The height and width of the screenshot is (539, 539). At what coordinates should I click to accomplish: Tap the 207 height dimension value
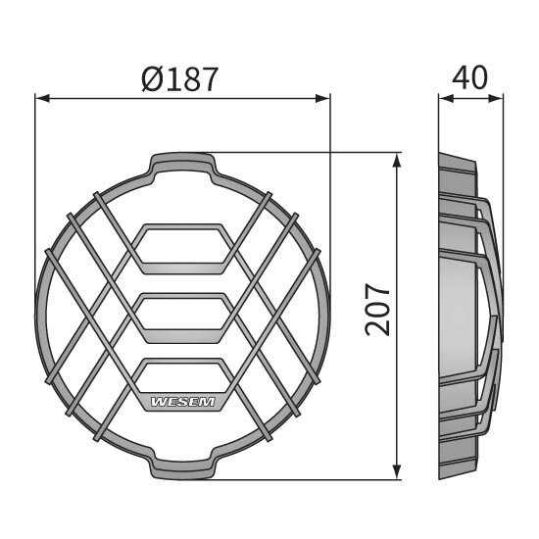coord(379,311)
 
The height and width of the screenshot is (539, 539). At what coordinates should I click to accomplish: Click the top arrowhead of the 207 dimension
coord(396,158)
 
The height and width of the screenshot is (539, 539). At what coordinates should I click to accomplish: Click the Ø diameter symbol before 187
coord(152,78)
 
